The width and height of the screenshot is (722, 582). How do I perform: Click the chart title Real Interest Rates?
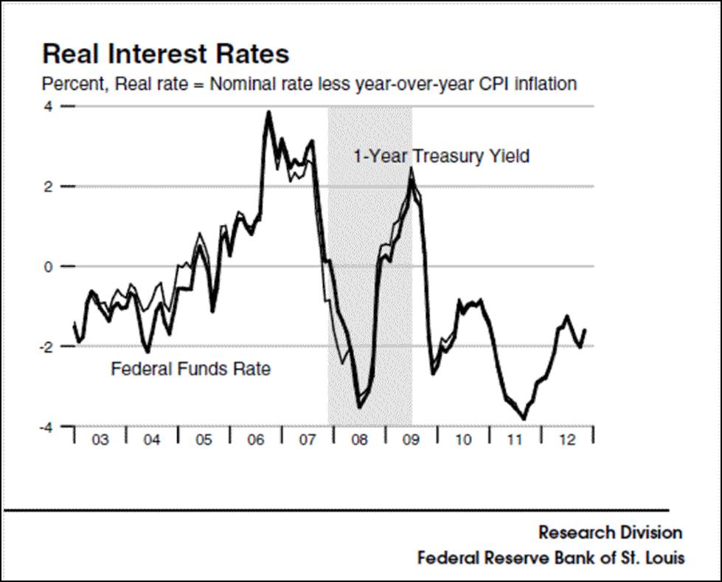point(165,54)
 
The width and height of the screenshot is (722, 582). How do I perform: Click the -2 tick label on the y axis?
point(46,347)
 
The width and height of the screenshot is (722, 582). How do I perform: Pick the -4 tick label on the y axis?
point(46,426)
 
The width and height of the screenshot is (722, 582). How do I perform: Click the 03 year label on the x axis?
point(100,440)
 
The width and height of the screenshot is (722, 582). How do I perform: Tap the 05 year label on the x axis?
point(204,440)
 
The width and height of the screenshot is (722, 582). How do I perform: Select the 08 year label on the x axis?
point(359,440)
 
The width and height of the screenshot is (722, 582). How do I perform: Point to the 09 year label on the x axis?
point(411,440)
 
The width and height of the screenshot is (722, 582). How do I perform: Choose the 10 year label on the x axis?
point(463,440)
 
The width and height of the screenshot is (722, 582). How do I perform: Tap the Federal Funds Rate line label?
point(190,368)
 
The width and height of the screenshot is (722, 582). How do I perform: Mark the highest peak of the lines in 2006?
point(268,112)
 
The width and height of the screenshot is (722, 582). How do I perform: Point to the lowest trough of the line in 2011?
point(524,419)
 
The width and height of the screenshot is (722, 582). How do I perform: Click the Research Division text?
point(610,532)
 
